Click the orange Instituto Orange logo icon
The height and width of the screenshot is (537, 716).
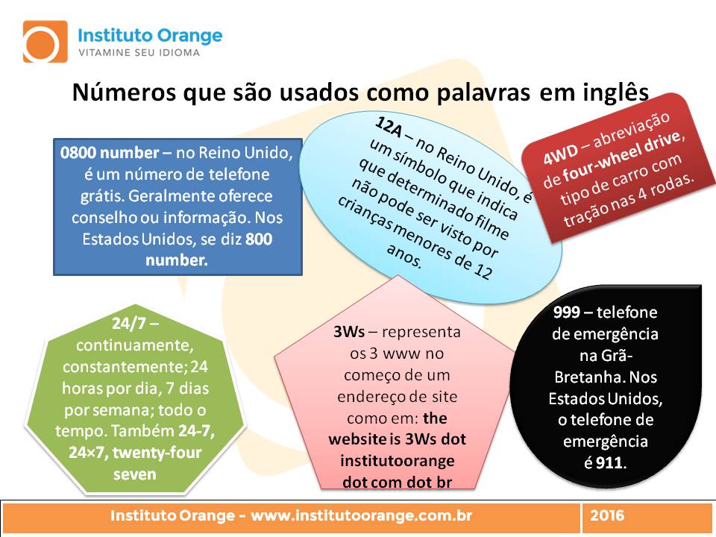45,42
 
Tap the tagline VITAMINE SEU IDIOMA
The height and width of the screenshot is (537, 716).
139,52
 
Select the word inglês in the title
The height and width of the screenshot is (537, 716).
615,92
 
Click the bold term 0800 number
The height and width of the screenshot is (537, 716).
110,152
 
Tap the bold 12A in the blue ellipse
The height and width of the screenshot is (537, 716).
389,127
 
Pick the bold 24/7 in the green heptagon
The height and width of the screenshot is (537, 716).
130,323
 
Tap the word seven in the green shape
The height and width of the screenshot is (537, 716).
135,474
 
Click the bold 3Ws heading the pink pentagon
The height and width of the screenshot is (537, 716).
349,331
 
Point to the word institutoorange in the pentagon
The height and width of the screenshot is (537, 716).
398,461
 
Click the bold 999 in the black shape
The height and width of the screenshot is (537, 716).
567,313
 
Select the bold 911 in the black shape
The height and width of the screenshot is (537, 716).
609,463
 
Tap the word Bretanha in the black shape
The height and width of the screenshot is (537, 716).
589,377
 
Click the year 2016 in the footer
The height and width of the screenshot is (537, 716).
607,515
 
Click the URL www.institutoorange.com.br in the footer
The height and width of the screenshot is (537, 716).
361,515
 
